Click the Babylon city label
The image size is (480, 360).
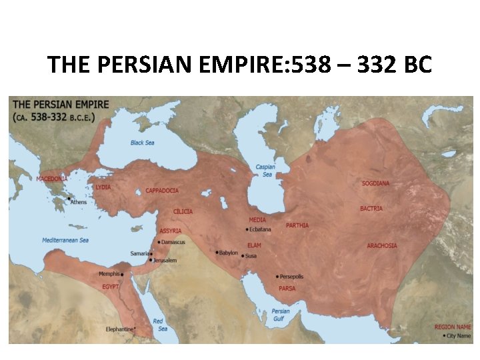point(228,253)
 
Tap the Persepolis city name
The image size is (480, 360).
point(291,277)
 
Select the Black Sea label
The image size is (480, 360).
point(142,143)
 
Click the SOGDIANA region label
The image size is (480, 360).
point(375,183)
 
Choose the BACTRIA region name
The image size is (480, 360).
point(371,209)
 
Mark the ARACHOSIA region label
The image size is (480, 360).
point(381,245)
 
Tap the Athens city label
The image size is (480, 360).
point(78,202)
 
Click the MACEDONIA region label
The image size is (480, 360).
point(52,179)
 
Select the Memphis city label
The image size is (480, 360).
point(109,274)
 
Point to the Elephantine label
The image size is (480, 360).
point(120,329)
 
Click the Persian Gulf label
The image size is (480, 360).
point(281,315)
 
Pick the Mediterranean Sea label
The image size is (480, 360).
point(65,240)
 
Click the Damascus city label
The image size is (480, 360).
point(173,242)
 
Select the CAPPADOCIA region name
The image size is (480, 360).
point(162,191)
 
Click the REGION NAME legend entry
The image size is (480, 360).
point(453,327)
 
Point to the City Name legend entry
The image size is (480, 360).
point(459,336)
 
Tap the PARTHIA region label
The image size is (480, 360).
point(297,225)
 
